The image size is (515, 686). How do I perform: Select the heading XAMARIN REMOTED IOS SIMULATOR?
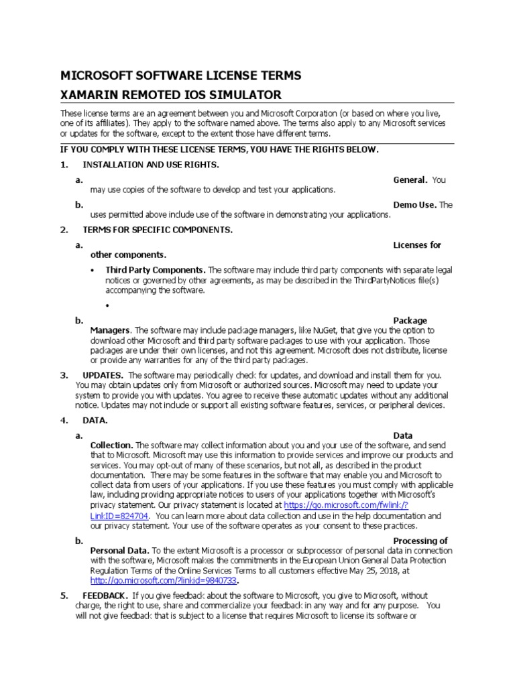(171, 94)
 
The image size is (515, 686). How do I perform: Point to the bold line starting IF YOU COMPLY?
(220, 149)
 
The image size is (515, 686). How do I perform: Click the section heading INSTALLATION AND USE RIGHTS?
(151, 165)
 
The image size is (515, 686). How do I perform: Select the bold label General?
(410, 180)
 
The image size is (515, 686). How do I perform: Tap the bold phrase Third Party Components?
(156, 270)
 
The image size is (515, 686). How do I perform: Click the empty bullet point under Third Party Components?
(108, 305)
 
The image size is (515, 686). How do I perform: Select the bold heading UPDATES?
(103, 375)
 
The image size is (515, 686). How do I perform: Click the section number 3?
(64, 375)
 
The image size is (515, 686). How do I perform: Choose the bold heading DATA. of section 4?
(95, 420)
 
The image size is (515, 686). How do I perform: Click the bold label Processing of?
(420, 541)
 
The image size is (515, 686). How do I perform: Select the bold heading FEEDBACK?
(104, 596)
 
